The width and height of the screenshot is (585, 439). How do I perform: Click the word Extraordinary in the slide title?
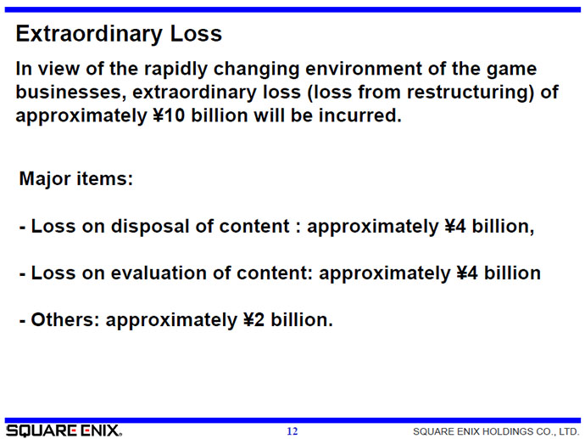click(89, 34)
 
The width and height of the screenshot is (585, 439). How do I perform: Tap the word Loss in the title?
click(196, 34)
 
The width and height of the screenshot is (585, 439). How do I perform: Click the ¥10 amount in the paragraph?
click(169, 115)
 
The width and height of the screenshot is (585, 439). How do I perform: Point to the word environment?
click(364, 69)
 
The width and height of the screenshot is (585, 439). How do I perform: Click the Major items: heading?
click(76, 178)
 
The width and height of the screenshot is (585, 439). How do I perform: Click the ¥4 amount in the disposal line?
click(455, 227)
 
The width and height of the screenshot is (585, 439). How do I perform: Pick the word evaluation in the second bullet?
click(159, 273)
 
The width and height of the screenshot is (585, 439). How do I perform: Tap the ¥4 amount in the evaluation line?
click(467, 273)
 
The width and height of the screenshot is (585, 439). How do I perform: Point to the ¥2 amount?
click(253, 320)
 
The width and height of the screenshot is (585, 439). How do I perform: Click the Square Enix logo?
click(64, 431)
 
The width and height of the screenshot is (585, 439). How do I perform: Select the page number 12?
click(292, 431)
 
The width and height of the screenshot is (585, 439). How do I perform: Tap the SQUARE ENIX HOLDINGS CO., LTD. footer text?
click(496, 431)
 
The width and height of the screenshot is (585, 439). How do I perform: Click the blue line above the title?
click(292, 9)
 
